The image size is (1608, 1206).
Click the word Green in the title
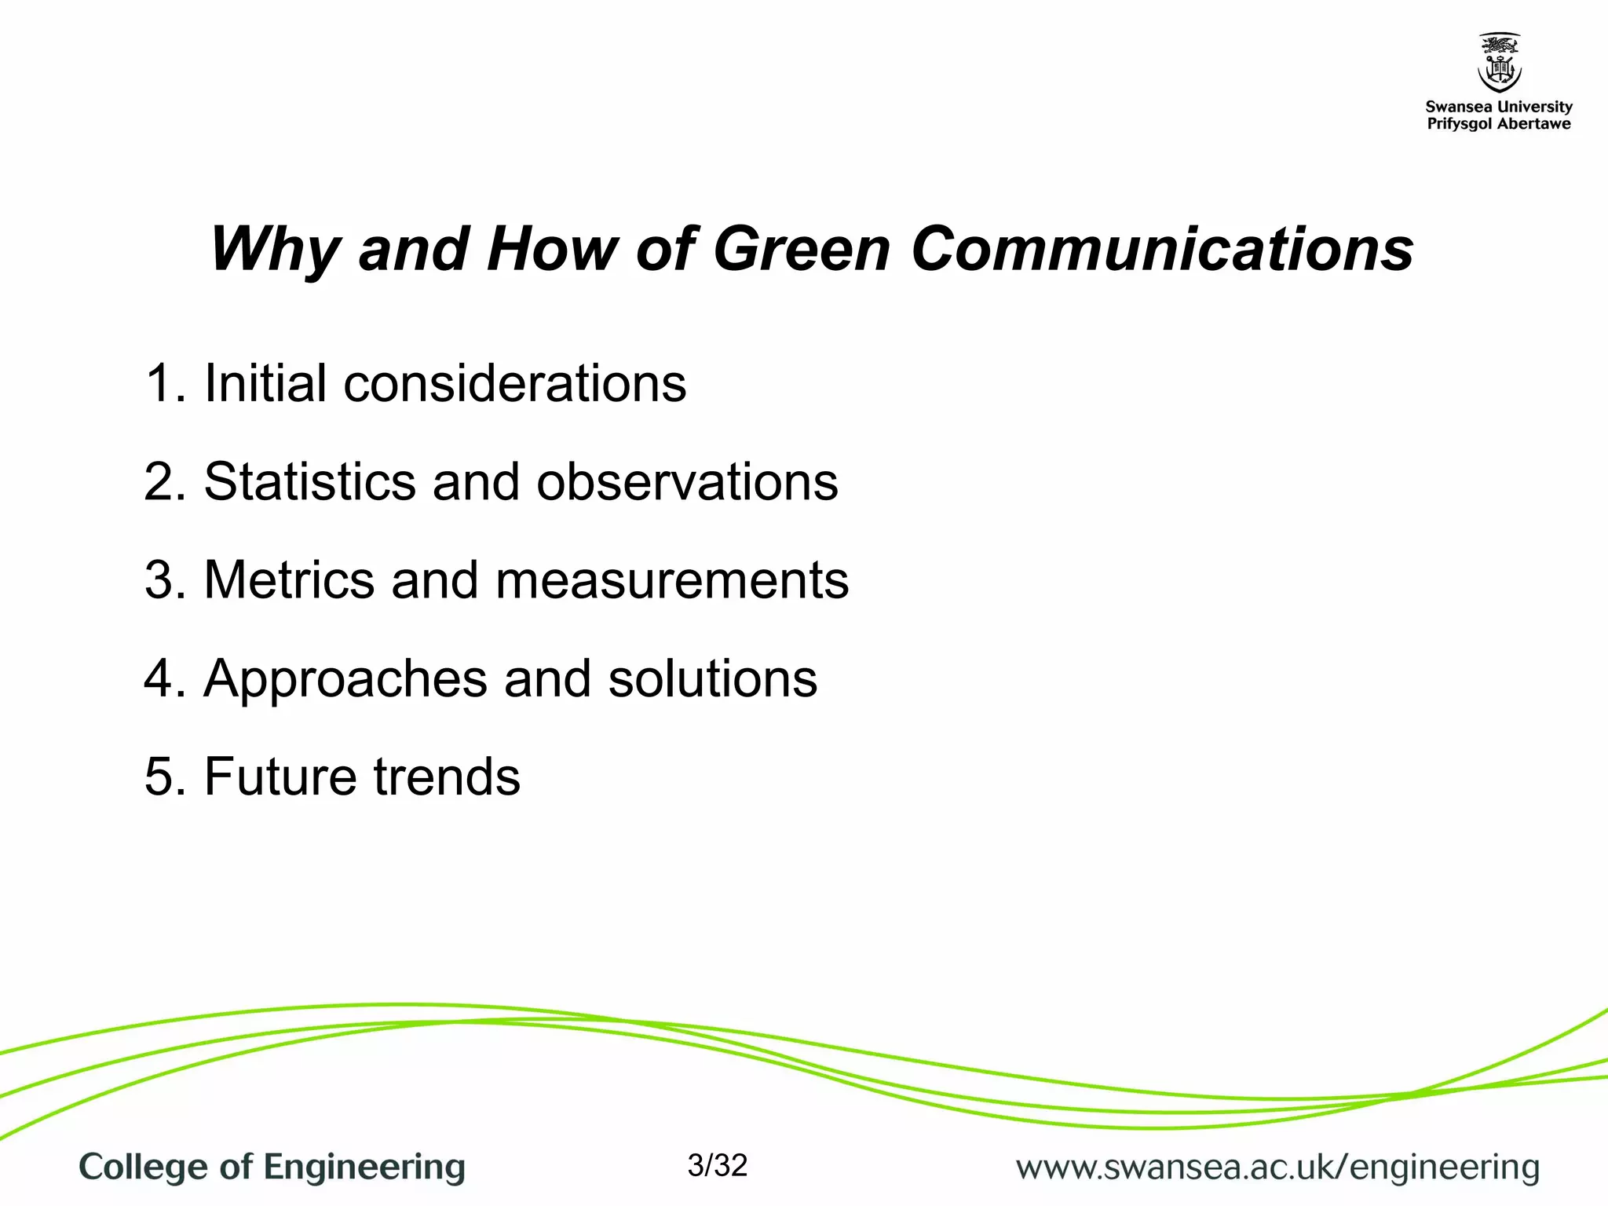point(801,250)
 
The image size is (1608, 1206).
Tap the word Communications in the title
point(1162,250)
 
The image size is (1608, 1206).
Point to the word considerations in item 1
point(514,384)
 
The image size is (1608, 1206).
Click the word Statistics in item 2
point(309,481)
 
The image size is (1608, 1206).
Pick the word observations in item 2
point(687,481)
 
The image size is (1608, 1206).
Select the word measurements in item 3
point(672,580)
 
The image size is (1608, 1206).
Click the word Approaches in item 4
point(345,679)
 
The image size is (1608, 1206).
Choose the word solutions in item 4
point(712,679)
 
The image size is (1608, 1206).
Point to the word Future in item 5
point(280,777)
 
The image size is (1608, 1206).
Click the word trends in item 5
point(446,777)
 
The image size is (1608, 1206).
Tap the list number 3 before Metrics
point(160,580)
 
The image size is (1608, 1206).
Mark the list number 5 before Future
point(160,777)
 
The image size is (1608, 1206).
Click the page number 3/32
point(717,1166)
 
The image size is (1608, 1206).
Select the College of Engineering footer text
point(272,1168)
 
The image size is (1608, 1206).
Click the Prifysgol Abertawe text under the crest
point(1498,124)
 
